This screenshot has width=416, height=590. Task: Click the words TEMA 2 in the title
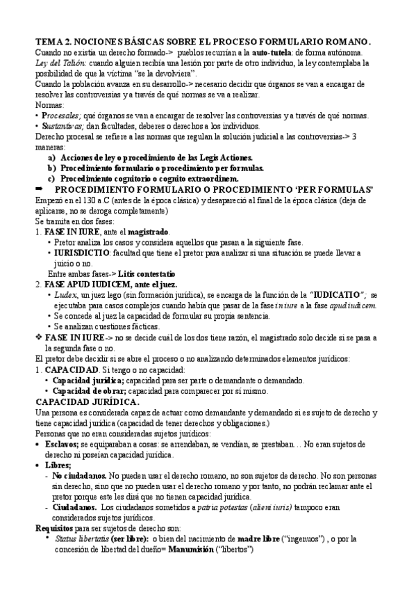[x=56, y=41]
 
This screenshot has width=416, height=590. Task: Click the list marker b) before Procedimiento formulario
[x=51, y=168]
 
